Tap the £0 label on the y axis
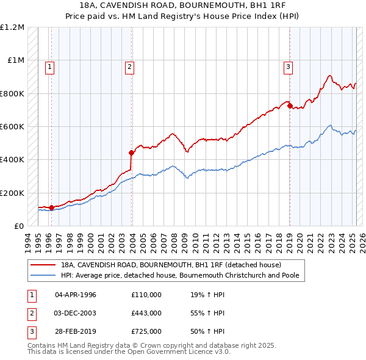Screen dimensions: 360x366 pos(19,226)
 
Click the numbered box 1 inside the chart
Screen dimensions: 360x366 pos(49,67)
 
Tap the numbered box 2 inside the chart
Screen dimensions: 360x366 pos(130,67)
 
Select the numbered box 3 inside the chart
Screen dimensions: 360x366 pos(288,67)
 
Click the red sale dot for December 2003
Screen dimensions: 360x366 pos(131,153)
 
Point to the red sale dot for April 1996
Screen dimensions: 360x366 pos(51,207)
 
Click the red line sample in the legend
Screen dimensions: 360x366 pos(44,265)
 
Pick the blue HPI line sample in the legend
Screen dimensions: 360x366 pos(44,275)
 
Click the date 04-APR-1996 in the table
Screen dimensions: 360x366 pos(76,295)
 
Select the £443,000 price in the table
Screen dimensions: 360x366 pos(146,313)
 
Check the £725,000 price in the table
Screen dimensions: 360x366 pos(146,331)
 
